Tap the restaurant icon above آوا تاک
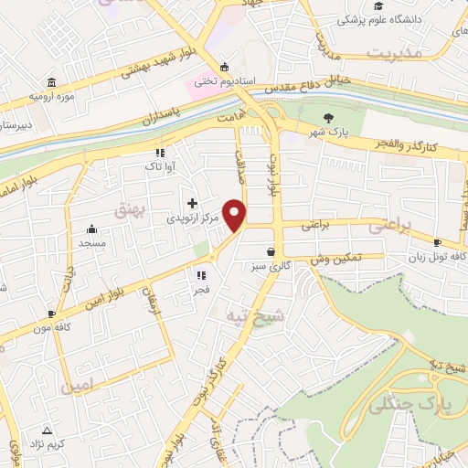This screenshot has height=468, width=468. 159,153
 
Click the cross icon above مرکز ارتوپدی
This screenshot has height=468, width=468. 192,203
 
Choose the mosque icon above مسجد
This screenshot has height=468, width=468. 92,229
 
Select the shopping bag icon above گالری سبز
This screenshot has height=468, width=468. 270,252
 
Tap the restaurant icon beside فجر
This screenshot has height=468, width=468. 199,274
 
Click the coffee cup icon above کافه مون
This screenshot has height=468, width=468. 51,313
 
